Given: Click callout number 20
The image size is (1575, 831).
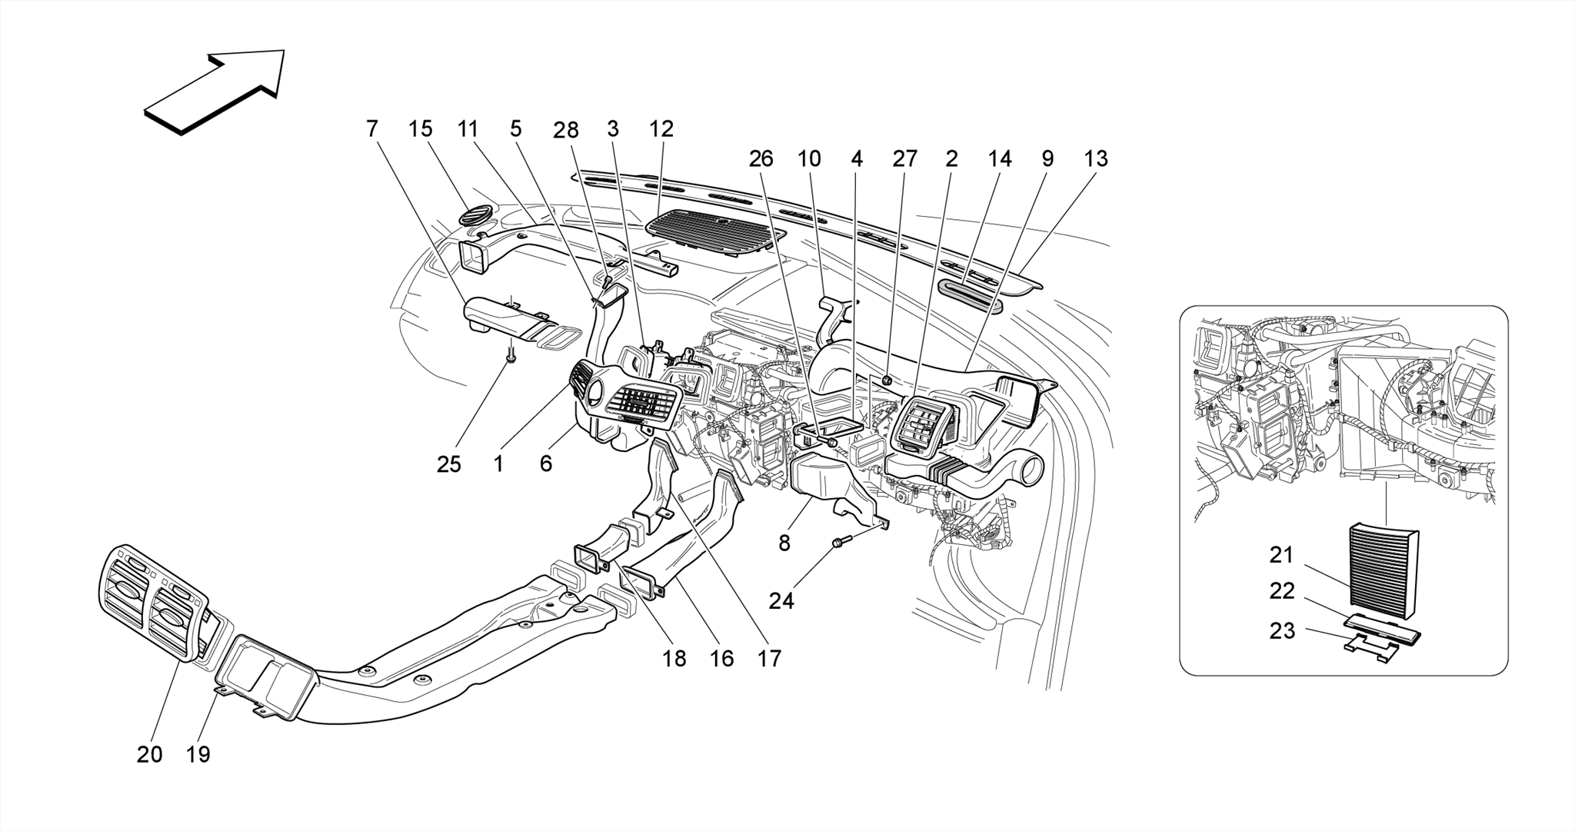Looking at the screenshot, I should [150, 754].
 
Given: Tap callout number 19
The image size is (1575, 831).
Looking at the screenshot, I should [198, 754].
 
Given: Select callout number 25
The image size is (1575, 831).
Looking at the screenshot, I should [449, 464].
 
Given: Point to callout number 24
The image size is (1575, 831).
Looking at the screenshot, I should [781, 600].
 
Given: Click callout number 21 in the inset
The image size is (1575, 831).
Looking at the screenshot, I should [1282, 554].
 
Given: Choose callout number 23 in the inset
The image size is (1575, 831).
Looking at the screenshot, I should [1282, 631].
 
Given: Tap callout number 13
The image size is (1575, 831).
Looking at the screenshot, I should [1096, 158].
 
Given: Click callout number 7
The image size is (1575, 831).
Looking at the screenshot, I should [372, 128].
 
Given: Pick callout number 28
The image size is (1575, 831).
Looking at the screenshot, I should [566, 130].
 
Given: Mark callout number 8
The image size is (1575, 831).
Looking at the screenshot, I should [784, 543].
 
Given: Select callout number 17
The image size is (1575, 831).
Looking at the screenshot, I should [769, 658].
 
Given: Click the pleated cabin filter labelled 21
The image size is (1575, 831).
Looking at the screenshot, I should [1384, 565].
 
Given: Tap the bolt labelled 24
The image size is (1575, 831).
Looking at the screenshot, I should [840, 543].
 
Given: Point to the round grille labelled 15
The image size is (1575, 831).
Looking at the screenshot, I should [478, 214].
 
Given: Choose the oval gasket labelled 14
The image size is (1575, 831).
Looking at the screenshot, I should [971, 294].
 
